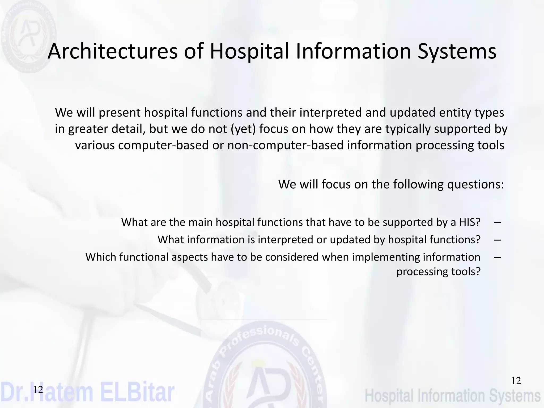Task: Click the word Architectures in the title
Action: tap(113, 51)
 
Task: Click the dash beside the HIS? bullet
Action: tap(498, 222)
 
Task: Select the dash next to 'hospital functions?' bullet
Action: tap(498, 240)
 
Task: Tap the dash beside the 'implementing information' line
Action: tap(498, 257)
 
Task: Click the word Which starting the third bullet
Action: tap(100, 257)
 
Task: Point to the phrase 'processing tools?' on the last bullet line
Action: tap(439, 271)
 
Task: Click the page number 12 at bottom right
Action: tap(516, 381)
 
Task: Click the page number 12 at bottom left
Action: tap(38, 390)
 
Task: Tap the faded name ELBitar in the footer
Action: tap(137, 392)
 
